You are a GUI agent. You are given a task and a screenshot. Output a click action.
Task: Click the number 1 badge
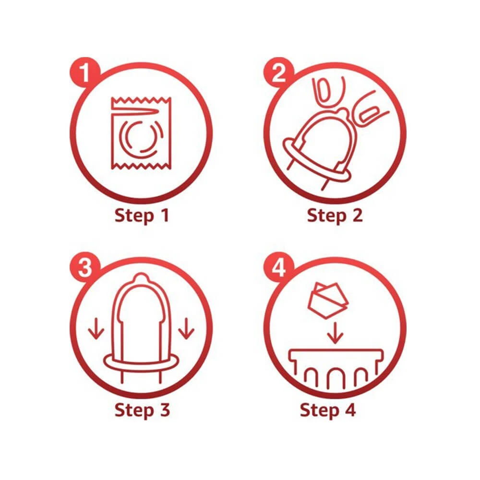[x=85, y=72]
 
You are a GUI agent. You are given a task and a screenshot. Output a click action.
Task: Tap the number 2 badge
[x=278, y=72]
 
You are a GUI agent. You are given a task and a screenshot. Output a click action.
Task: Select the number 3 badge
[x=85, y=267]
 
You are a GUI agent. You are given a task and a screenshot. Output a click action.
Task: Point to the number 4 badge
[x=278, y=267]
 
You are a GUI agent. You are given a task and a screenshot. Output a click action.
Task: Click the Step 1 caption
[x=142, y=216]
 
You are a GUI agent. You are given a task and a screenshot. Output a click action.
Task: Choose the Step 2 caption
[x=335, y=216]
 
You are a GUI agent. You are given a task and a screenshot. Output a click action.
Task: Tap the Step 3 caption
[x=142, y=410]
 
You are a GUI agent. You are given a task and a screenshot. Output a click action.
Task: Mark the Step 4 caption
[x=328, y=410]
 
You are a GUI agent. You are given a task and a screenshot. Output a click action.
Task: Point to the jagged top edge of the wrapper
[x=141, y=100]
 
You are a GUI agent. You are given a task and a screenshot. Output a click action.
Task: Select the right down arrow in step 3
[x=186, y=328]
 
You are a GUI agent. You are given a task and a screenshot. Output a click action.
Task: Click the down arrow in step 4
[x=335, y=333]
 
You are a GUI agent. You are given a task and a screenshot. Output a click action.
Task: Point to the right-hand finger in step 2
[x=371, y=108]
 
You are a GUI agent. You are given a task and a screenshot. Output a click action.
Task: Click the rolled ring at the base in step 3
[x=142, y=363]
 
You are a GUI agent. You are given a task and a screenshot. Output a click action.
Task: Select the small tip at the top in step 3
[x=141, y=277]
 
